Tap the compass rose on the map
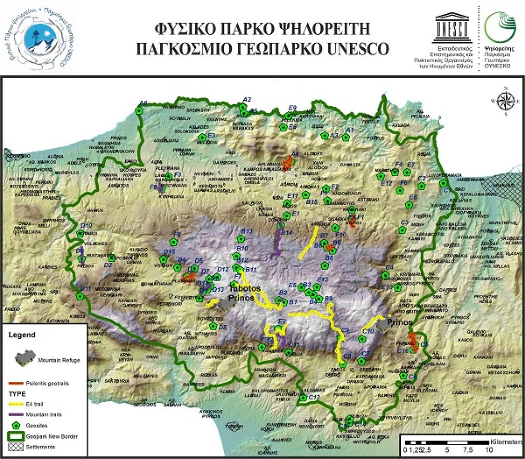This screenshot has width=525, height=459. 505,101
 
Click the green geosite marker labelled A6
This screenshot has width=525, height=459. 140,110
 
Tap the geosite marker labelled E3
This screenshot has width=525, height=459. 203,138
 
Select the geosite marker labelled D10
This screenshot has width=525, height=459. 80,233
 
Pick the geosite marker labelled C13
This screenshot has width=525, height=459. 303,398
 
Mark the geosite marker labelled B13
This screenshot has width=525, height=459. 240,238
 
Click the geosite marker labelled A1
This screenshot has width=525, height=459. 345,138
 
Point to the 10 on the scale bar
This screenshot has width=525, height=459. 488,450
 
